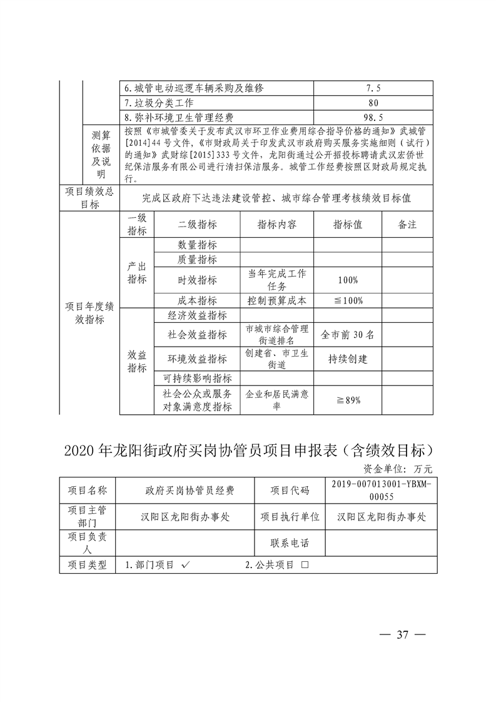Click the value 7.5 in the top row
point(373,88)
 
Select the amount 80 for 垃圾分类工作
point(373,103)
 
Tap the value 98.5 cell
point(373,117)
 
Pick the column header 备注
point(407,225)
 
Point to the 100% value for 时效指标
point(347,280)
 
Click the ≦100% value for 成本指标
point(347,300)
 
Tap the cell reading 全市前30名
point(347,335)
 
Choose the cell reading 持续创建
point(347,359)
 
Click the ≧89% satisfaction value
point(347,400)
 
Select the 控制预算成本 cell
point(277,300)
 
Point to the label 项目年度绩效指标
point(89,313)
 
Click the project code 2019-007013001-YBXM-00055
point(382,491)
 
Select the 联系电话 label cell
point(290,542)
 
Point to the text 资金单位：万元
point(398,469)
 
